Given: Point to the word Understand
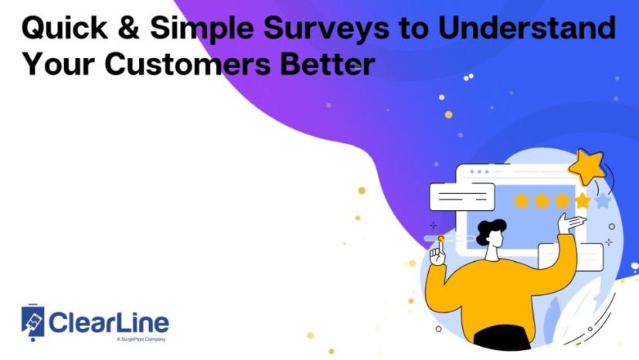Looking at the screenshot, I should point(525,29).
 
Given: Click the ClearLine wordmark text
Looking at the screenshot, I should point(109,321).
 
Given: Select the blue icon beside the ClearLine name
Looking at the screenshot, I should point(34,321).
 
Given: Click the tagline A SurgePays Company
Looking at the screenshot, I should point(141,339).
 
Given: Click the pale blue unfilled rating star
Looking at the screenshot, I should point(602,201).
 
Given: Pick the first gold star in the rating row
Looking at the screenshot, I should point(522,201).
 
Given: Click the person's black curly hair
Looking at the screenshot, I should point(491,229).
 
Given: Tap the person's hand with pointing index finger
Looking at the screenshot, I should point(439,253).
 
